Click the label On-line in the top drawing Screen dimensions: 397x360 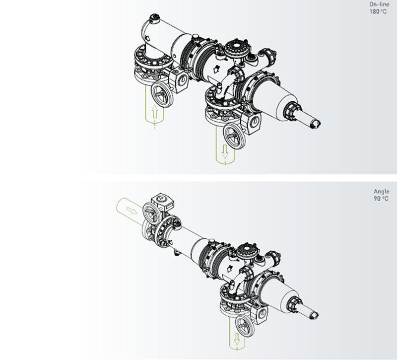click(x=379, y=4)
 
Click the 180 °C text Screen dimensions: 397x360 click(x=378, y=11)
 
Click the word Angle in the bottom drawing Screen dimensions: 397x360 click(x=381, y=192)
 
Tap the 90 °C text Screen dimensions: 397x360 click(x=381, y=199)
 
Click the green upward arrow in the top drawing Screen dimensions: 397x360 click(x=155, y=111)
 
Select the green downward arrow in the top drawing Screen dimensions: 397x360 click(x=225, y=152)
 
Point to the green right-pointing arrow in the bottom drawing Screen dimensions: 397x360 click(x=132, y=210)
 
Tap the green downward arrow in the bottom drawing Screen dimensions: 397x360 click(x=237, y=339)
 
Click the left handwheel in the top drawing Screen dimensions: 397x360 click(x=162, y=95)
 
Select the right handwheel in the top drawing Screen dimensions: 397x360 click(x=234, y=136)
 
